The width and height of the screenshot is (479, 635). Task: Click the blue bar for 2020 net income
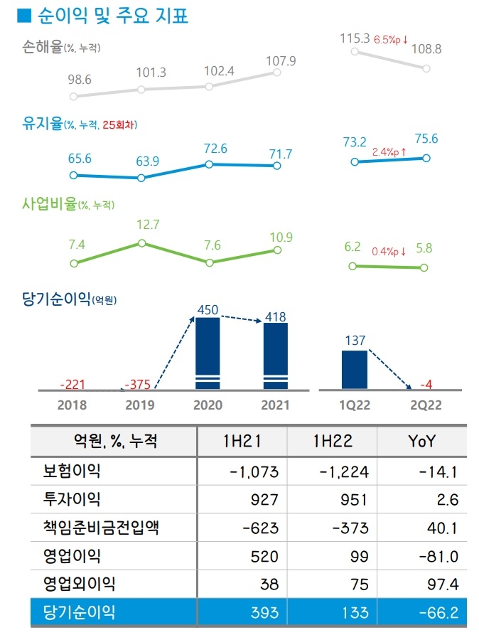coord(208,353)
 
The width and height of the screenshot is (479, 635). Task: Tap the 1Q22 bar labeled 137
coord(354,369)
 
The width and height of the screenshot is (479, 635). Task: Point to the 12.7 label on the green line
coord(146,225)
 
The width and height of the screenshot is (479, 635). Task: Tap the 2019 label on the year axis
coord(140,405)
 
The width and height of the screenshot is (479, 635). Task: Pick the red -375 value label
coord(138,385)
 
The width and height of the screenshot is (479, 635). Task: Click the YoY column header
coord(421,442)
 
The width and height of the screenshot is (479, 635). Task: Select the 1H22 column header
coord(333,442)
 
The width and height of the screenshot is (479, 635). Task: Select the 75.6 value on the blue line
coord(426,139)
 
